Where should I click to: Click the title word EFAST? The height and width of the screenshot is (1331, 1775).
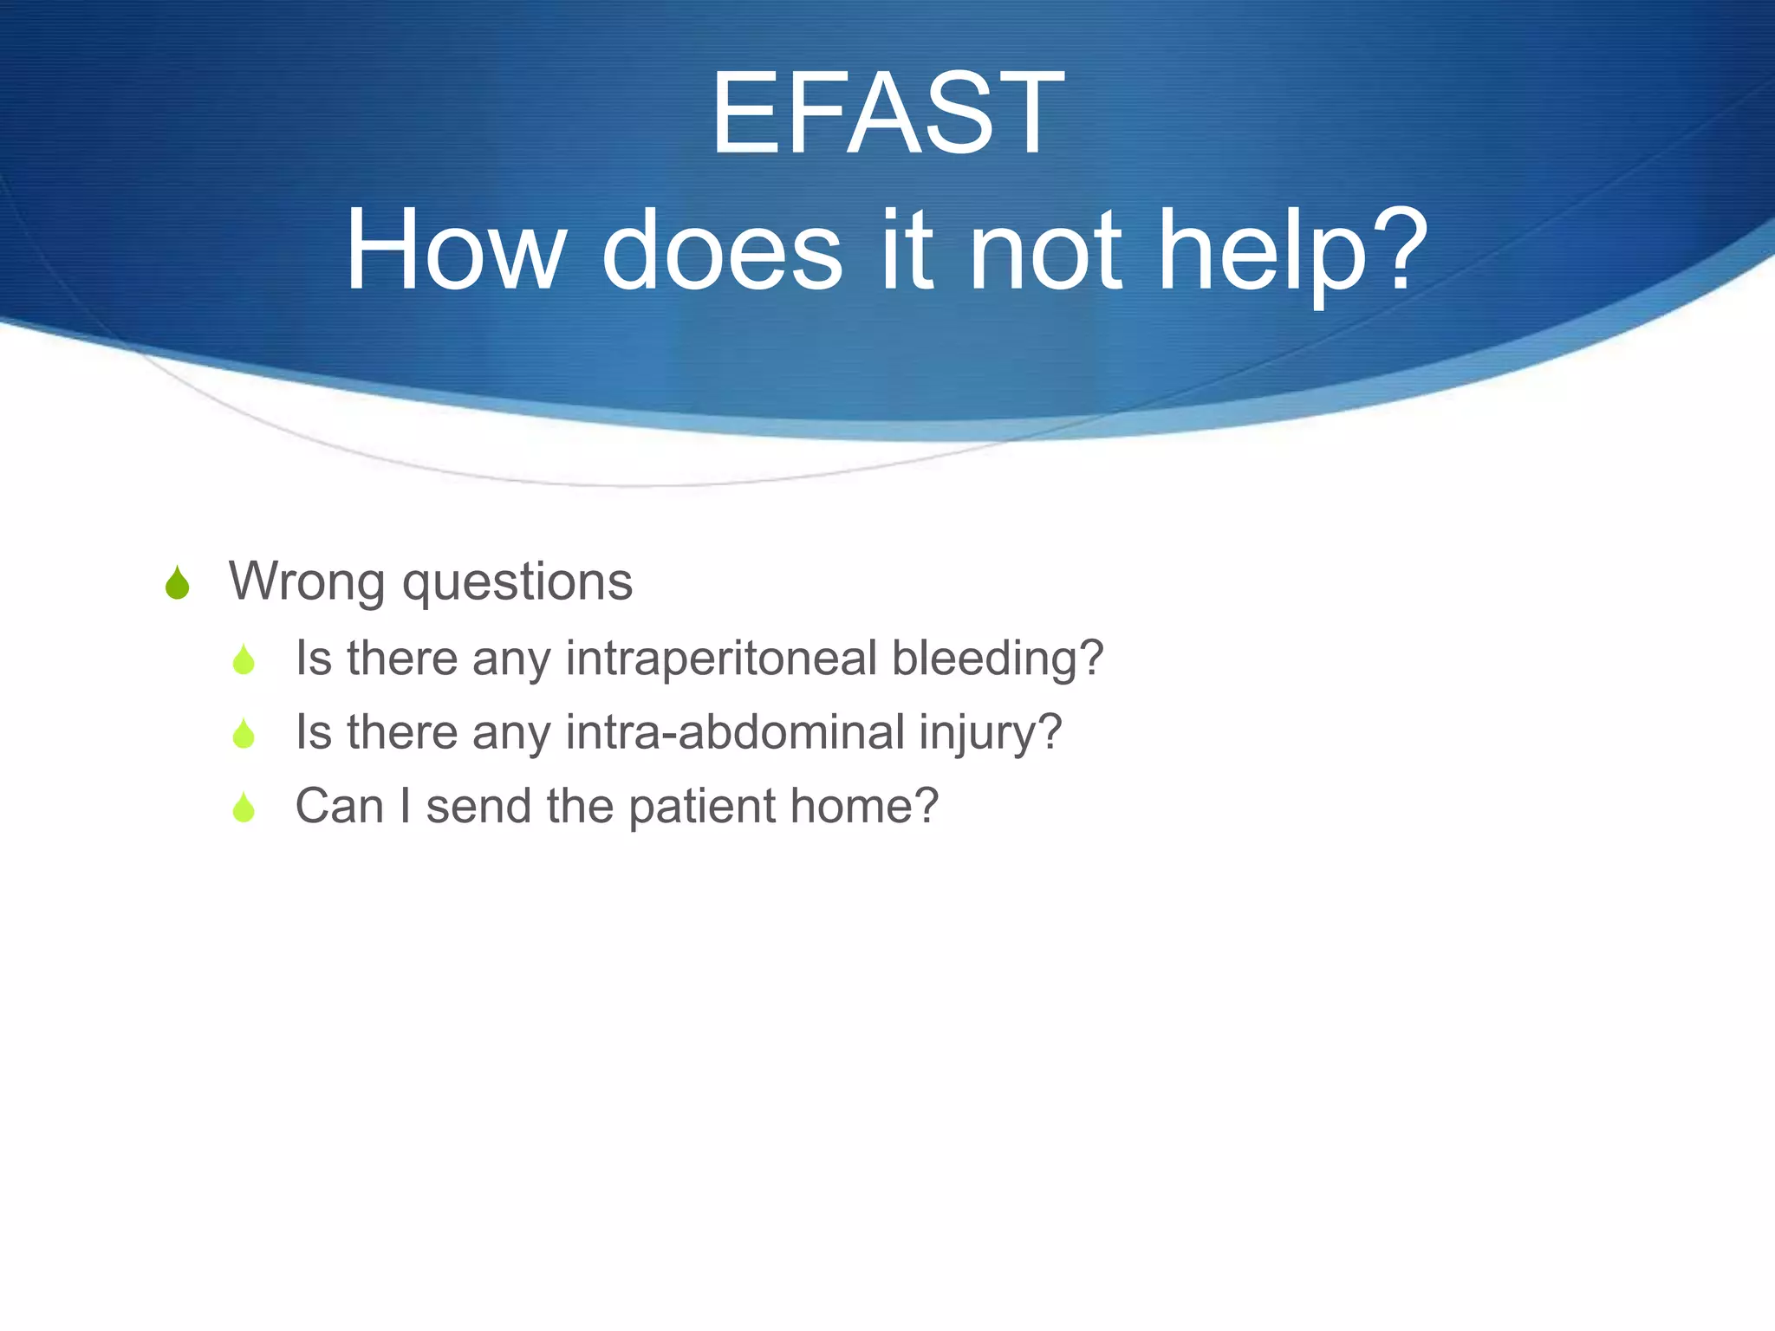pyautogui.click(x=887, y=114)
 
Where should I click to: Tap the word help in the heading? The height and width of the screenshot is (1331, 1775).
pyautogui.click(x=1261, y=252)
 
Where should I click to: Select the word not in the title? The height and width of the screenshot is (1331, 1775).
pyautogui.click(x=1044, y=252)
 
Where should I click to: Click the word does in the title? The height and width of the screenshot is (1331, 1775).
pyautogui.click(x=722, y=252)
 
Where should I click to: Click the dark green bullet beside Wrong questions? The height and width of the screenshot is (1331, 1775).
pyautogui.click(x=177, y=583)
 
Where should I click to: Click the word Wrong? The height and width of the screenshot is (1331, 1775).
pyautogui.click(x=306, y=581)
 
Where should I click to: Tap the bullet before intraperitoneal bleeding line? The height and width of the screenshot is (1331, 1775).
pyautogui.click(x=244, y=660)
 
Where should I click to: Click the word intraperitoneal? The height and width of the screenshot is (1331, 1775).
pyautogui.click(x=721, y=659)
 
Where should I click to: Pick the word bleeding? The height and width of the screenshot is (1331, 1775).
pyautogui.click(x=988, y=659)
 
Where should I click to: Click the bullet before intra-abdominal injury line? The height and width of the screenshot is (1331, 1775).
pyautogui.click(x=244, y=734)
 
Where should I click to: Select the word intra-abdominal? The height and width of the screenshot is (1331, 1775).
pyautogui.click(x=735, y=732)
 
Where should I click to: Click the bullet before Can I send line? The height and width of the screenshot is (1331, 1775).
pyautogui.click(x=244, y=808)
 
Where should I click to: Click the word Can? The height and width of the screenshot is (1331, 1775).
pyautogui.click(x=339, y=807)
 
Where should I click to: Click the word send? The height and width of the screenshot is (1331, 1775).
pyautogui.click(x=478, y=807)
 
